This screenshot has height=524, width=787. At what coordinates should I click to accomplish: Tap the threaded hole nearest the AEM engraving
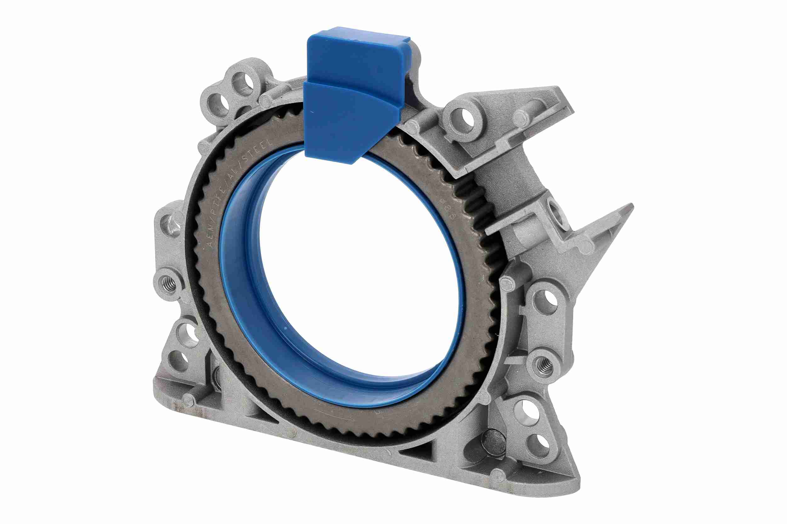pos(169,284)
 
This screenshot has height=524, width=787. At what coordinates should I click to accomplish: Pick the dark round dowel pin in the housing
pos(495,443)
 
